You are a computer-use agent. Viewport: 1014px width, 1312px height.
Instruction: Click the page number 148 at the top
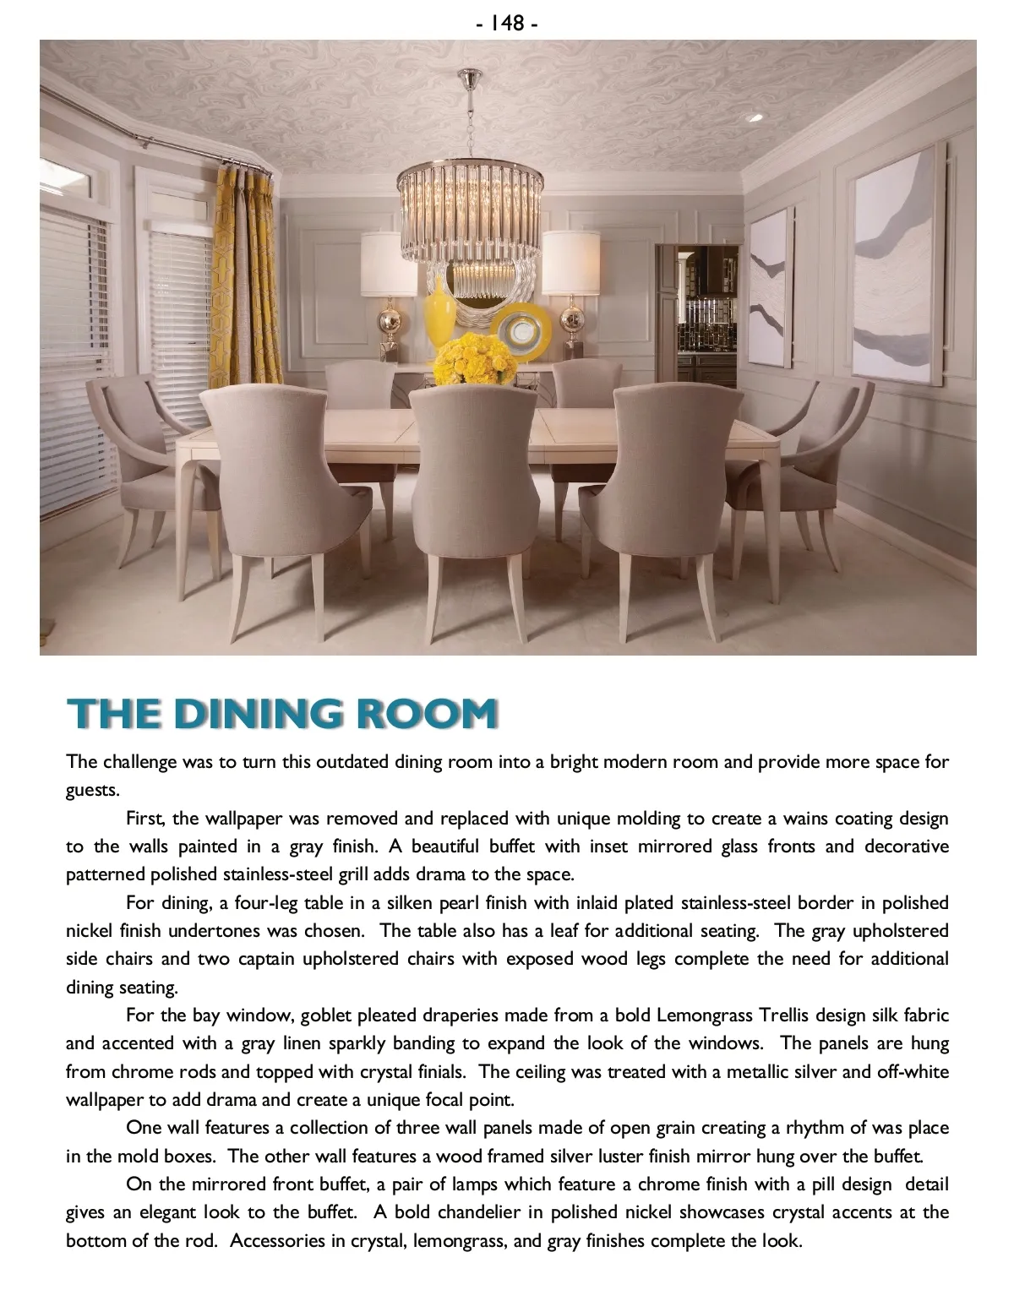tap(507, 23)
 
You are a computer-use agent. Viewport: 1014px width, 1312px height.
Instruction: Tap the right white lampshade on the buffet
tap(570, 263)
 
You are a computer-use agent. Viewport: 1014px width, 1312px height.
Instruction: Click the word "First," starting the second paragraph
tap(150, 819)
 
